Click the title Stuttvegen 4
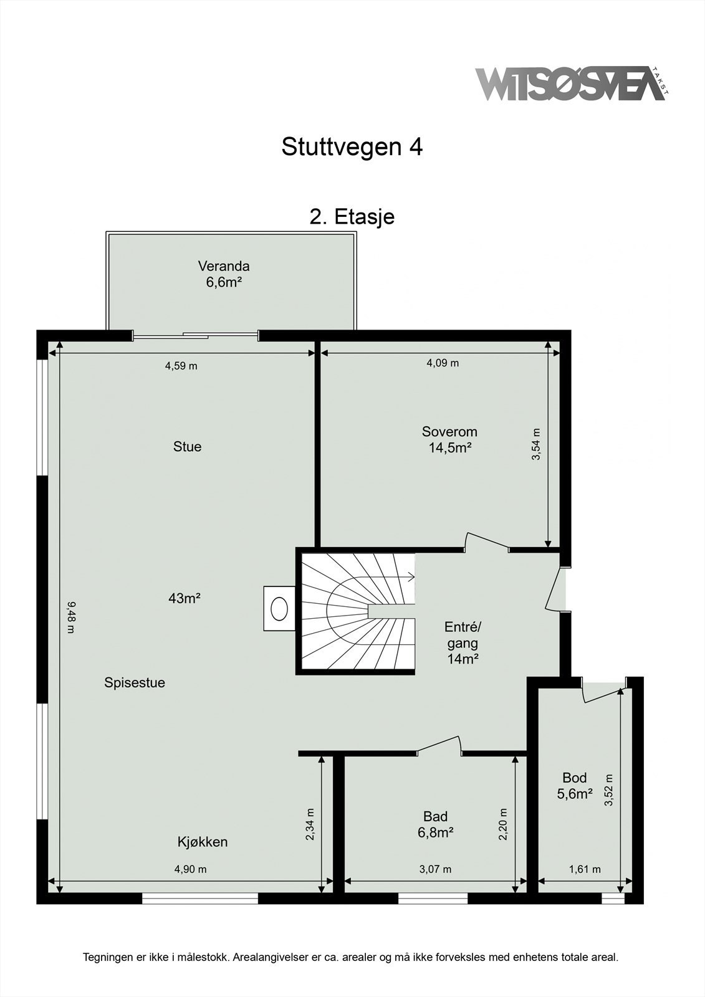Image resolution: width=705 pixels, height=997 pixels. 352,147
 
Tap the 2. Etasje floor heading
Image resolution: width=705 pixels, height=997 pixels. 352,217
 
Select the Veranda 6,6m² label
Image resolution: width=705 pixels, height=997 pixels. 224,274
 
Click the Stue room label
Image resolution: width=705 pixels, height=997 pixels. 187,447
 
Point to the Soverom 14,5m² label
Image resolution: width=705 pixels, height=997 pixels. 449,439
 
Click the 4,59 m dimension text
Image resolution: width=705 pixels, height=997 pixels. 181,366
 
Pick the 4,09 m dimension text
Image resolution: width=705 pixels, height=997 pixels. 443,363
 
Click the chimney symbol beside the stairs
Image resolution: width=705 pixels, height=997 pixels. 279,608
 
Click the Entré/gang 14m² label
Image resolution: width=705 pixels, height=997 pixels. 463,642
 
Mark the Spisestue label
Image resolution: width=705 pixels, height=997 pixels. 135,683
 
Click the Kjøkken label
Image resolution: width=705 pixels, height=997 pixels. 203,842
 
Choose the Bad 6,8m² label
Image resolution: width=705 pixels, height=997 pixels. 435,824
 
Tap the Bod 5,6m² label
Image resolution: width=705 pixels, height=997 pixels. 574,786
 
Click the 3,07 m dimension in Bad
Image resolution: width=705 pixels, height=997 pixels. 435,869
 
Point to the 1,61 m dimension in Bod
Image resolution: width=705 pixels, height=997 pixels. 585,869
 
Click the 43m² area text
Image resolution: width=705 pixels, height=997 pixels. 184,599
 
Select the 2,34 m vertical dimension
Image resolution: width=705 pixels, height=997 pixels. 310,824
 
